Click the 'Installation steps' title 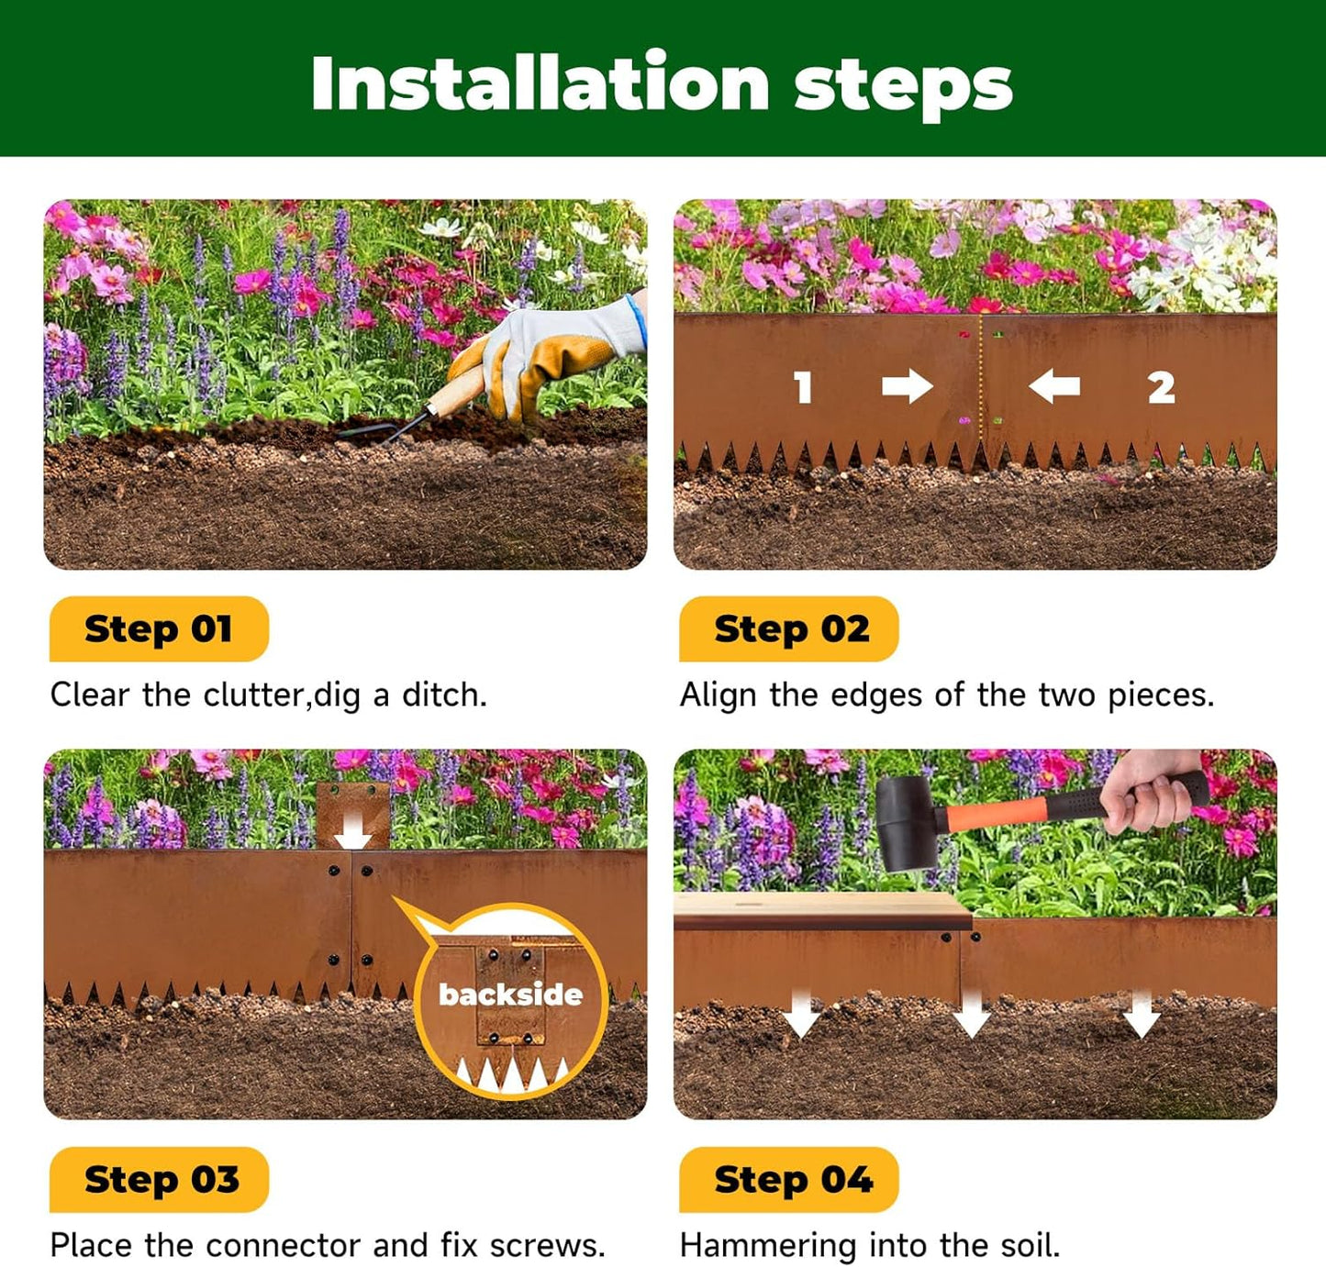coord(662,83)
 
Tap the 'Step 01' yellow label coord(158,629)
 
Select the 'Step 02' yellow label coord(791,629)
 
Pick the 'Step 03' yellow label coord(161,1180)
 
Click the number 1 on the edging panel coord(804,387)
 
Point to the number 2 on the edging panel coord(1161,387)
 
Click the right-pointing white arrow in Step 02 coord(907,386)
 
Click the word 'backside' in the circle coord(510,995)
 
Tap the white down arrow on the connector coord(352,833)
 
